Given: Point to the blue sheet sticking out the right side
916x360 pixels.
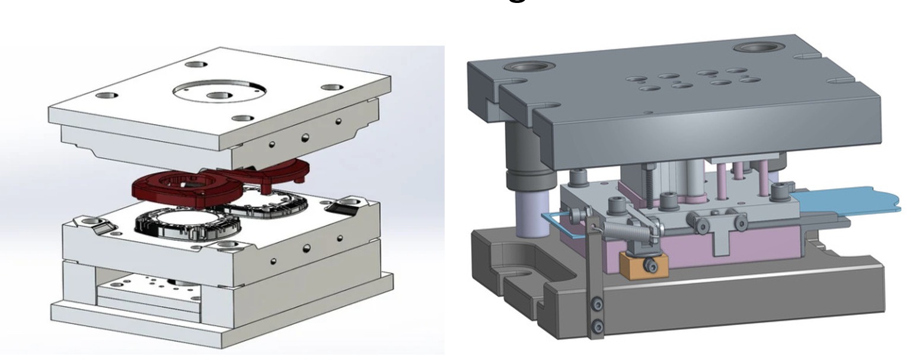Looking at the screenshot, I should click(854, 202).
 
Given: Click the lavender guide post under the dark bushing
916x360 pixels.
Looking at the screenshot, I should click(526, 212).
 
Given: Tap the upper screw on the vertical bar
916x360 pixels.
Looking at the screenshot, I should click(598, 305).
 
